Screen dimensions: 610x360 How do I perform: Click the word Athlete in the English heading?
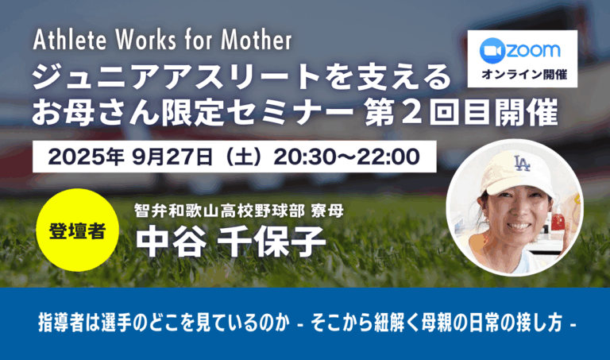[x=70, y=40]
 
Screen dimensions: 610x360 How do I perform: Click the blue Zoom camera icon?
[x=492, y=51]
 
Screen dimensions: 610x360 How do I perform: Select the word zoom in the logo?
[x=533, y=51]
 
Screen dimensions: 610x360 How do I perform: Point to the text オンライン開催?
[x=524, y=74]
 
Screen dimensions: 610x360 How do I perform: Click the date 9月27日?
[x=172, y=157]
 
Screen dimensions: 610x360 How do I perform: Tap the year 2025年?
[x=86, y=157]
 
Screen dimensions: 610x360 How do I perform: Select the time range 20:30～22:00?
[x=346, y=157]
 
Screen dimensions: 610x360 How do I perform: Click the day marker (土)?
[x=244, y=157]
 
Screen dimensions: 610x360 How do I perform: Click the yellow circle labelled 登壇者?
[x=77, y=230]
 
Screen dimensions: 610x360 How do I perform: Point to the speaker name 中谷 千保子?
[x=230, y=242]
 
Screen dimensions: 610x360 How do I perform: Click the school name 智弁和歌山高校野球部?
[x=219, y=211]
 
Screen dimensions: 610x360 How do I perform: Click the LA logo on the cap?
[x=522, y=163]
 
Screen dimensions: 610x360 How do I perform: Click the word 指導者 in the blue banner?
[x=61, y=323]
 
